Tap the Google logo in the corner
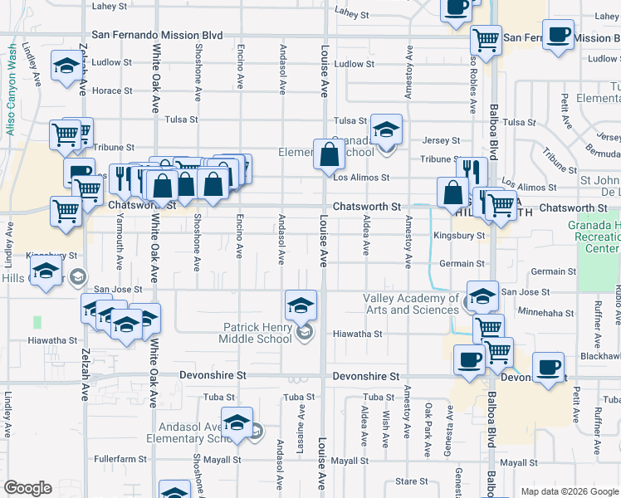click(x=27, y=488)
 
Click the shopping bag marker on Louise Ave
click(x=330, y=154)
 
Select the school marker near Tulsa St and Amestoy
click(x=386, y=130)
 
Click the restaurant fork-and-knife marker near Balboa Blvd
click(x=472, y=173)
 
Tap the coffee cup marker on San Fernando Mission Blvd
click(x=558, y=36)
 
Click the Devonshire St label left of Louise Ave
click(x=213, y=375)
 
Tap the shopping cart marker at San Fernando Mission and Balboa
click(x=486, y=39)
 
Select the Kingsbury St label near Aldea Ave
click(x=458, y=236)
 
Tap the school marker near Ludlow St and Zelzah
click(x=66, y=67)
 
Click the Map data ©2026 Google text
click(x=568, y=491)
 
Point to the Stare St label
click(x=411, y=481)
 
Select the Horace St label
click(x=107, y=90)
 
